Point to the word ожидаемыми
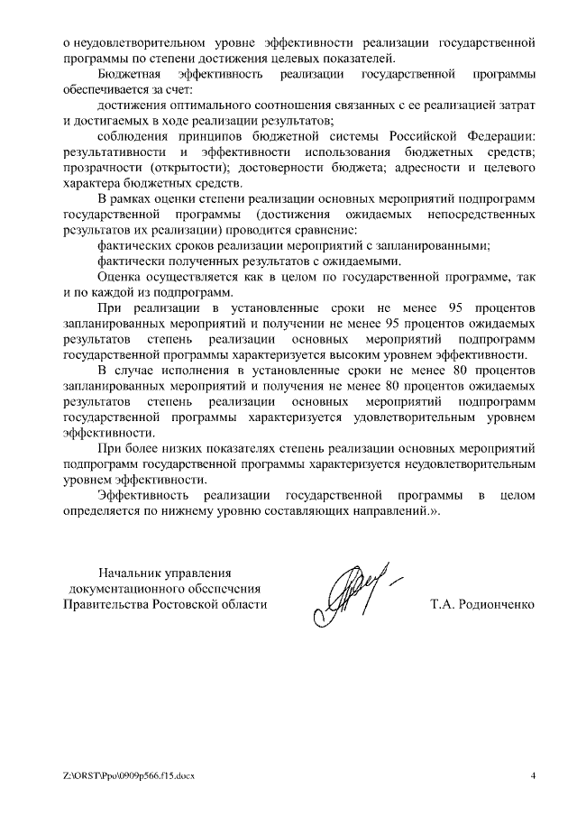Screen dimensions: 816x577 click(x=354, y=261)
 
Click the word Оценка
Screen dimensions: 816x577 click(x=122, y=277)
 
